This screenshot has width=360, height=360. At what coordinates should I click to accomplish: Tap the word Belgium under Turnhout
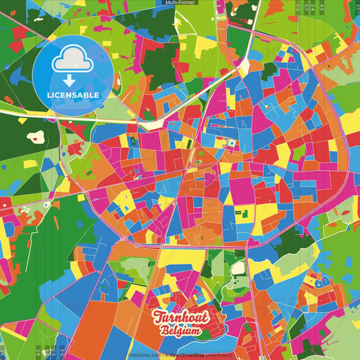[180, 331]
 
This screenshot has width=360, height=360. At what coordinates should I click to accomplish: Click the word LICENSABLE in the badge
[72, 95]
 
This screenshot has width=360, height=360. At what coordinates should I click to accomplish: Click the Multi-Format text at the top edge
[180, 3]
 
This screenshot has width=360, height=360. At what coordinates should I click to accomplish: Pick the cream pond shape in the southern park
[238, 269]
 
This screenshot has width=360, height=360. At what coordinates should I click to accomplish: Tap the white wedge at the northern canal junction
[242, 66]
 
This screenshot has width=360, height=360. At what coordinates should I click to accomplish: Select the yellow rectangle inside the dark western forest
[30, 163]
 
